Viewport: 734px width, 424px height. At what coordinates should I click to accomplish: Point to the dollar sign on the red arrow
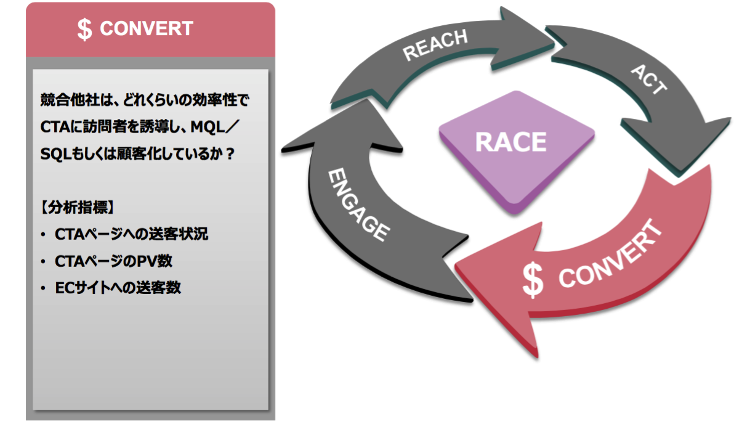(533, 280)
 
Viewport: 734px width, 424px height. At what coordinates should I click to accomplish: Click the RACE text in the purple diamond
(510, 142)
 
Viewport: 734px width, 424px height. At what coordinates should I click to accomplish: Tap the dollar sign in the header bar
(85, 30)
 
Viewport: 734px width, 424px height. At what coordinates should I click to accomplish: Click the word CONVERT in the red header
(147, 29)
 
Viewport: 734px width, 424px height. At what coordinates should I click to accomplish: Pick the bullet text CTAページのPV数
(113, 261)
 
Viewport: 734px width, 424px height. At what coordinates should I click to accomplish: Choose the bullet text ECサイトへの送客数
(118, 288)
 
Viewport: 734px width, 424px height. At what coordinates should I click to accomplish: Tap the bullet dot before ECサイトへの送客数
(42, 288)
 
